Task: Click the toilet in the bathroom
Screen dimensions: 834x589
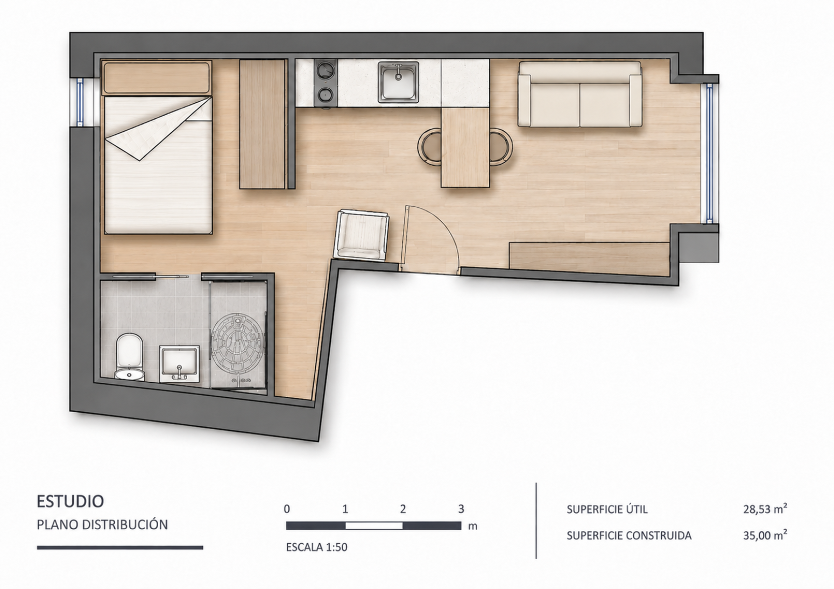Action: click(130, 357)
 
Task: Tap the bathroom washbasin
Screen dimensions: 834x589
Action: click(180, 364)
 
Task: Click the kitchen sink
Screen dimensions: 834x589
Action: click(398, 82)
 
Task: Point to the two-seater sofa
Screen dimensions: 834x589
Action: click(579, 94)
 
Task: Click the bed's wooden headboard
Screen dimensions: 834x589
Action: click(157, 78)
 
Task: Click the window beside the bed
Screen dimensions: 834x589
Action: click(79, 102)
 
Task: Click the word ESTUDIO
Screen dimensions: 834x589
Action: click(70, 501)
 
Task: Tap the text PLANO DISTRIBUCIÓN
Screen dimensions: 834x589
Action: click(102, 524)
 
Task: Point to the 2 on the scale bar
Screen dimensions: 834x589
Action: click(403, 509)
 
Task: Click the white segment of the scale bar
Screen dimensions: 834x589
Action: click(374, 525)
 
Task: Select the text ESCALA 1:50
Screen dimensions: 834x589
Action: click(316, 547)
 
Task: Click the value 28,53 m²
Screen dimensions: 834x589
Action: click(765, 509)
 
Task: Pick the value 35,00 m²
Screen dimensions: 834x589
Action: click(765, 535)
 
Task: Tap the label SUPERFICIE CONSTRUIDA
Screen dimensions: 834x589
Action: click(629, 536)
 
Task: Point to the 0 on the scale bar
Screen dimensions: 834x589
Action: click(287, 509)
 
